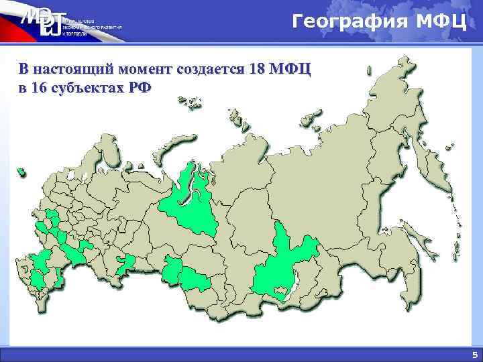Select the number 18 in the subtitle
256,69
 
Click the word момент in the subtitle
148,69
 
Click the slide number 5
474,355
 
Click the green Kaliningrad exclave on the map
22,172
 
